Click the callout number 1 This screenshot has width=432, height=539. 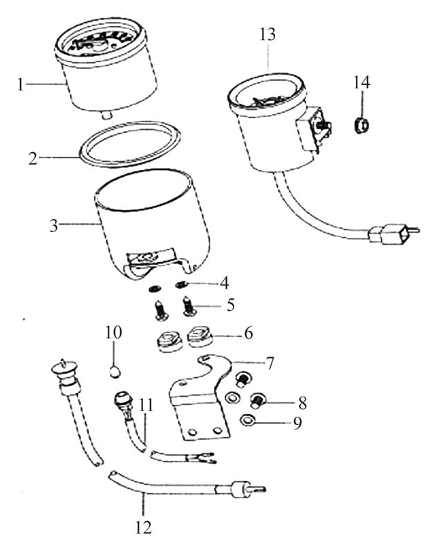coord(21,84)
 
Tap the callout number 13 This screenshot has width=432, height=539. coord(267,35)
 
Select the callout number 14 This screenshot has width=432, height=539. coord(361,83)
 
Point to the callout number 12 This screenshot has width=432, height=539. coord(143,527)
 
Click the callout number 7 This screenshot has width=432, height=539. coord(270,363)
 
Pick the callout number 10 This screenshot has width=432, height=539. coord(113,332)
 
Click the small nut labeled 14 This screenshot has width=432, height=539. coord(361,126)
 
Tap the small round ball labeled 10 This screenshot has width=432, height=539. coord(115,372)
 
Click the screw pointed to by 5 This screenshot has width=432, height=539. coord(189,306)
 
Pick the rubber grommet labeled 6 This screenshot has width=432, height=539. coord(200,337)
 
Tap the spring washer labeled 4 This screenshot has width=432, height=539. coord(181,284)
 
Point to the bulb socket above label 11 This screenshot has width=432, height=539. coord(121,401)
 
